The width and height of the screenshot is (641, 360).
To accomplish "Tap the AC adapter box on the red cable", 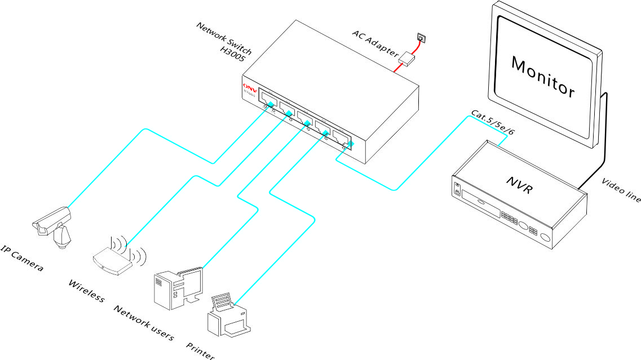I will point(406,57).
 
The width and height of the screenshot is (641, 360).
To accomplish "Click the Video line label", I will point(621,190).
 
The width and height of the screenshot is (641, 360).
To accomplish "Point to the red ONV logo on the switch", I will point(249,89).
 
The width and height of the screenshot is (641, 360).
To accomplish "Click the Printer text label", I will point(200,349).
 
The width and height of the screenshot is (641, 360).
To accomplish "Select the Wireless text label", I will point(86,290).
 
